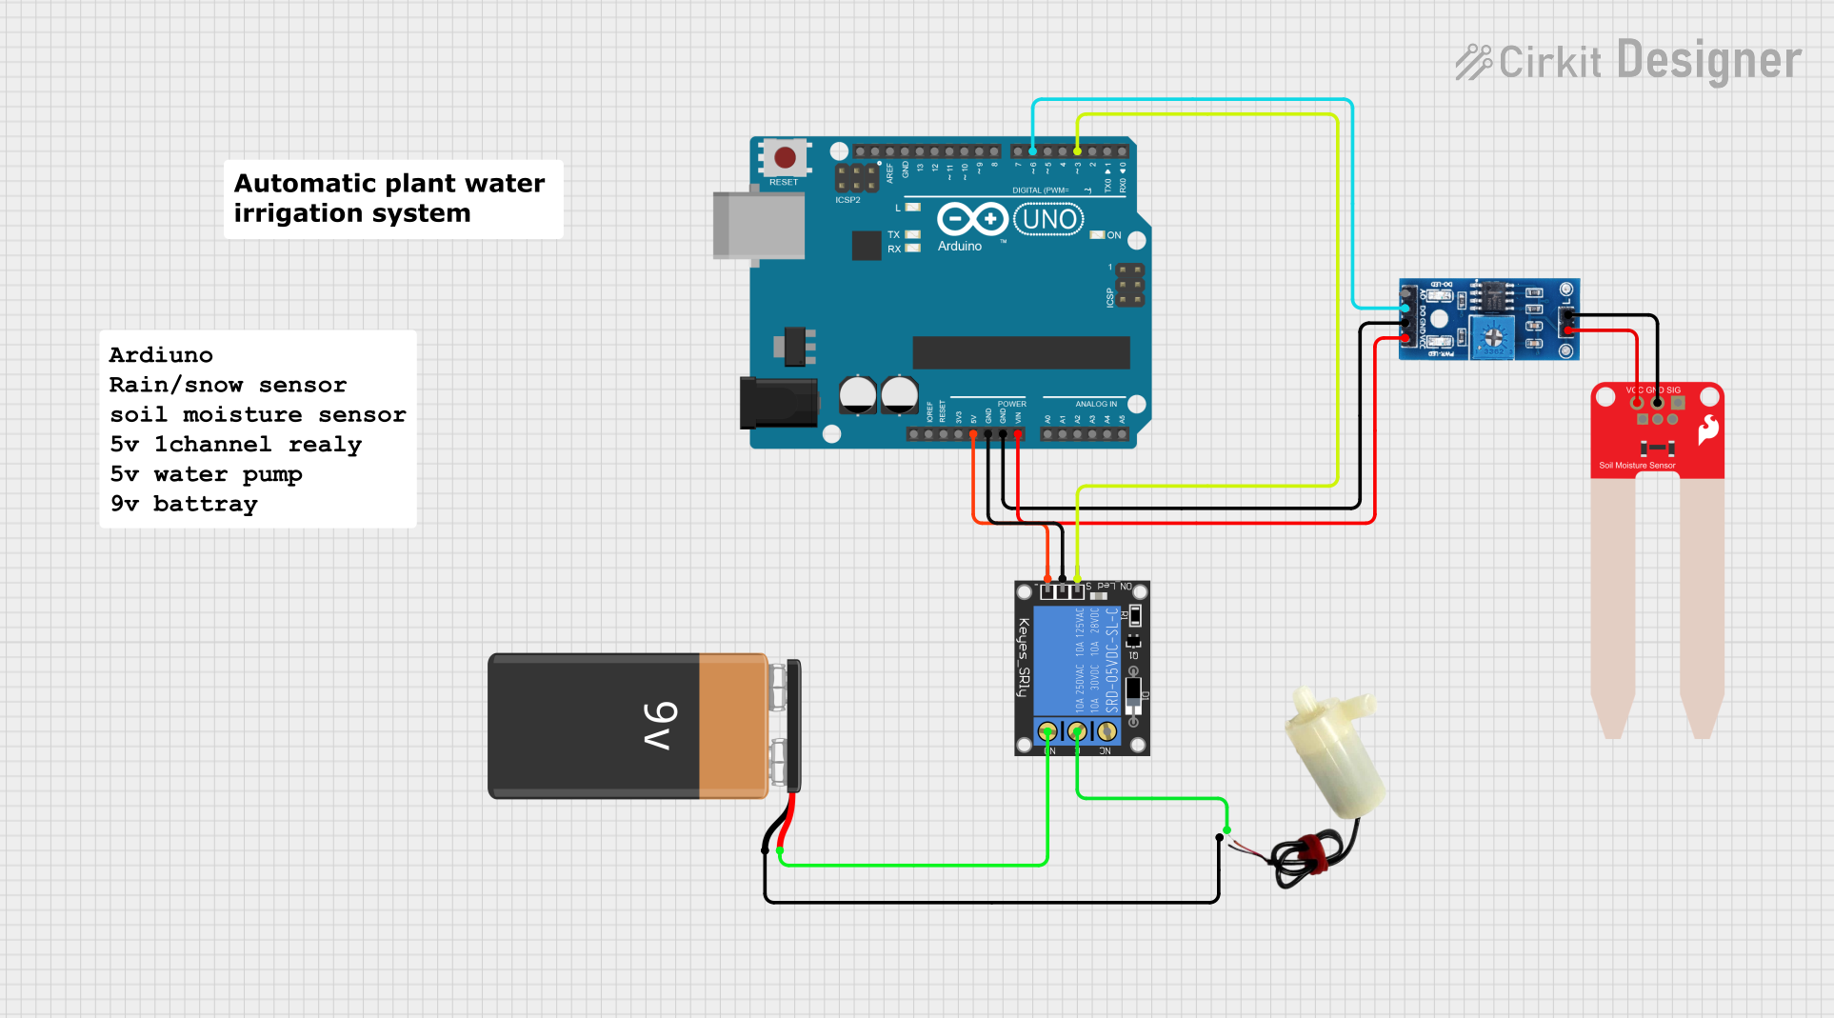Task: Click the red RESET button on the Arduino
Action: [785, 157]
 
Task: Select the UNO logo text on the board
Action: [1049, 220]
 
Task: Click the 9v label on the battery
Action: [661, 726]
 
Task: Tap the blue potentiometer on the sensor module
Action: [1493, 336]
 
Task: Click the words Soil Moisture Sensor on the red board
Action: [1637, 466]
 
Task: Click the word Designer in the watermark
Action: [1709, 61]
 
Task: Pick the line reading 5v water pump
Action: [206, 474]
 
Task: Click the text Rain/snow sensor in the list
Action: [228, 385]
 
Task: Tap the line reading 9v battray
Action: [184, 504]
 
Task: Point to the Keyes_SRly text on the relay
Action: [1024, 657]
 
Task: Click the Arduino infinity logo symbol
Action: [972, 220]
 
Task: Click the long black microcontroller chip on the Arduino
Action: [1021, 352]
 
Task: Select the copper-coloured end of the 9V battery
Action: [732, 726]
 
